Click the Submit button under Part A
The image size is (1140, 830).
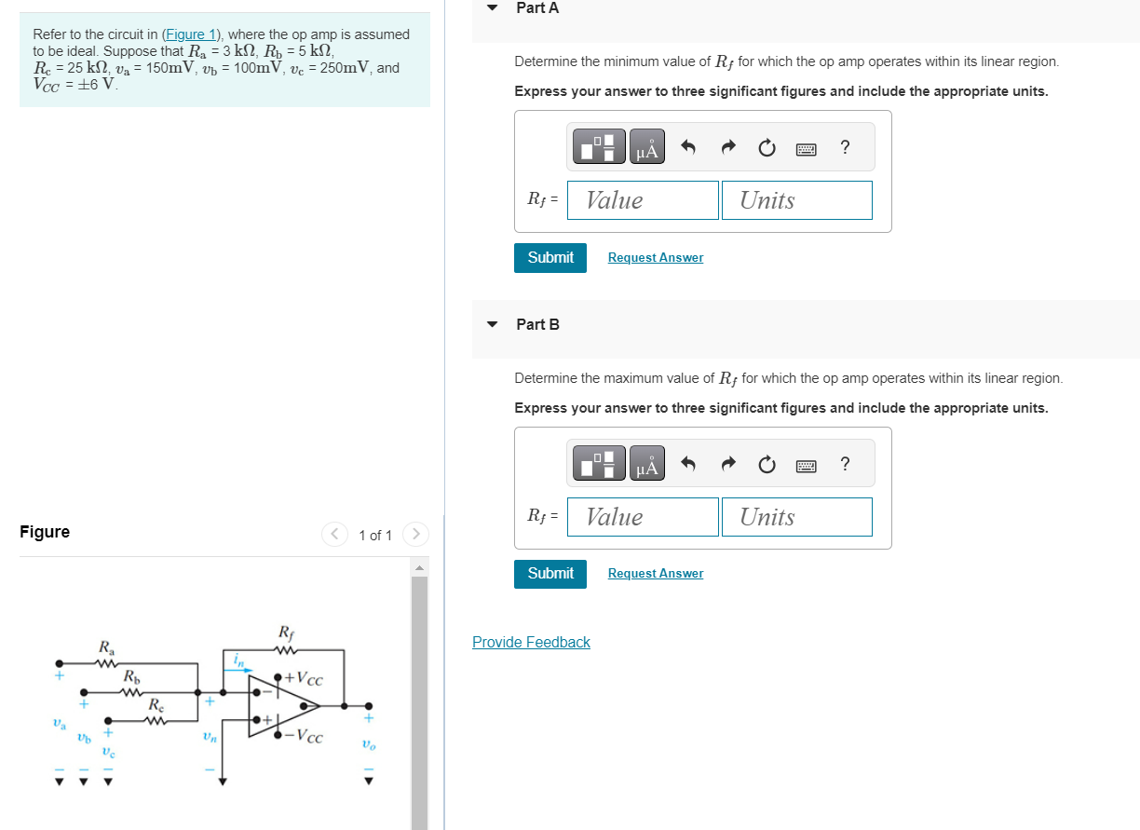point(550,257)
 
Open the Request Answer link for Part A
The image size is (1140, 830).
point(655,257)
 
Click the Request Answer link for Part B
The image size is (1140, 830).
point(655,573)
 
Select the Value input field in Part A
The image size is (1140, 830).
point(652,200)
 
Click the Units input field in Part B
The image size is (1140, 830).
point(796,517)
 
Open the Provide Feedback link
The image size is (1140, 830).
point(531,642)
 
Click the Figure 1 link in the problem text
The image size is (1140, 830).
point(190,34)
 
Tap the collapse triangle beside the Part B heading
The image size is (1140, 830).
point(492,324)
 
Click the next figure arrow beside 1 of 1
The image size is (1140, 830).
point(416,534)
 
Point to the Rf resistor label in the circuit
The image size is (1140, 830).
point(286,633)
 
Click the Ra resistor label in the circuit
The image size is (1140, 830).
point(107,646)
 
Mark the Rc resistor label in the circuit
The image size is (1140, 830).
point(156,705)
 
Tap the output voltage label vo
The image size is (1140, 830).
point(368,744)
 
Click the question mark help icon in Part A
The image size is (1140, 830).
point(844,147)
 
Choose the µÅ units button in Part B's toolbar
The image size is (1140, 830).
point(647,464)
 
